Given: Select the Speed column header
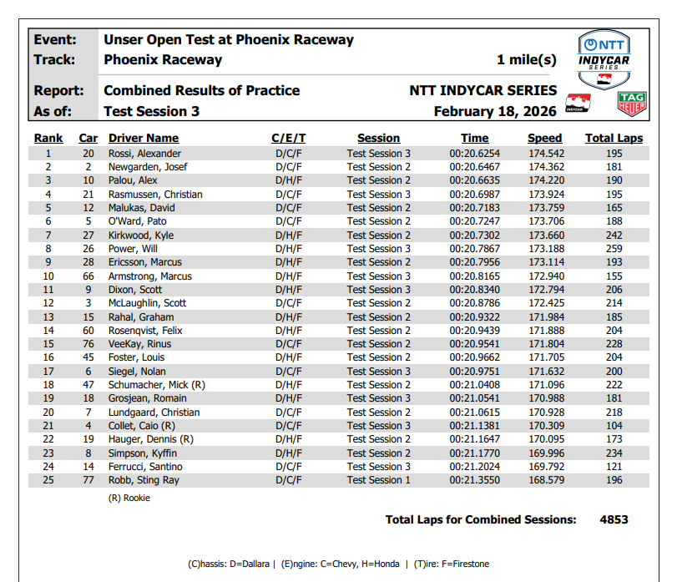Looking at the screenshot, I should point(544,138).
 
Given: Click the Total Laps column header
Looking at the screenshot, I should point(614,138).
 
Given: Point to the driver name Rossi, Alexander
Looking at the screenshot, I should point(144,154).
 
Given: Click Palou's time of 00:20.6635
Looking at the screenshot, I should point(474,180).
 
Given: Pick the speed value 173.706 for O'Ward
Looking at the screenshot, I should point(546,221).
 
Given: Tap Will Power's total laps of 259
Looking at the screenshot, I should point(614,249).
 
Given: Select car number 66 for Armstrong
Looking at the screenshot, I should point(88,276).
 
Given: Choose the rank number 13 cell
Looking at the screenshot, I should point(48,316).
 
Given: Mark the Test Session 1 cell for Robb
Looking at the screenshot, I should point(379,480).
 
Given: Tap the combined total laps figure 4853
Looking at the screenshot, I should point(614,519).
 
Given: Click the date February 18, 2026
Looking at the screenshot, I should point(495,111).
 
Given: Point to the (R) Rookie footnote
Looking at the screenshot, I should point(129,498).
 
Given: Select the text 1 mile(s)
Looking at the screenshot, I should point(526,60).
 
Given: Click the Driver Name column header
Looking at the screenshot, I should point(144,138).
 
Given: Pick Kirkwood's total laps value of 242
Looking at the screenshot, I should point(614,235).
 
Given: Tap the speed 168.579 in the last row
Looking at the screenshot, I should point(546,480).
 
